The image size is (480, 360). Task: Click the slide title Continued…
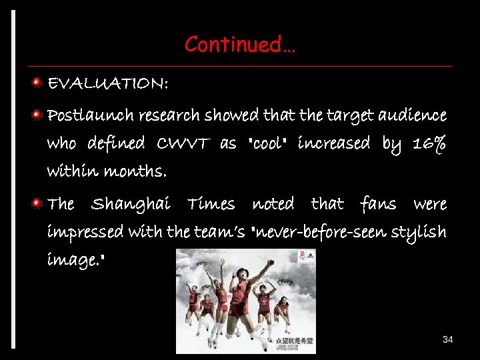(240, 45)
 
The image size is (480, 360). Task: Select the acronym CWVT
(183, 143)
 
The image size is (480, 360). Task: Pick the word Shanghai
(130, 204)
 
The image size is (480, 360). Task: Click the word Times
(211, 204)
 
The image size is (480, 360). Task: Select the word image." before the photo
(75, 260)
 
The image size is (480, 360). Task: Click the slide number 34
(447, 340)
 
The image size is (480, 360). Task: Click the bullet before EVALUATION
(38, 83)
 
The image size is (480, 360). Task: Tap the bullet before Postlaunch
(38, 115)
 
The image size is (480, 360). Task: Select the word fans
(377, 204)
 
